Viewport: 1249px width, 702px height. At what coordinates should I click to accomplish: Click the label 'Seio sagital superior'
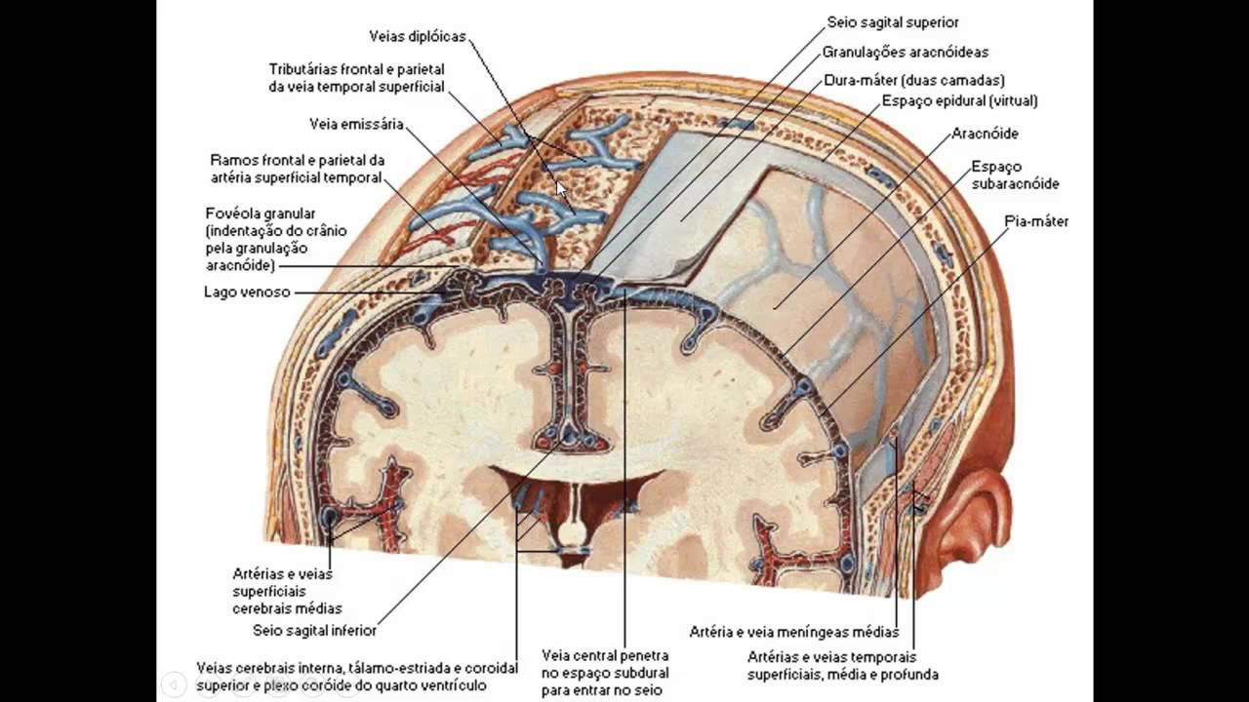pos(892,21)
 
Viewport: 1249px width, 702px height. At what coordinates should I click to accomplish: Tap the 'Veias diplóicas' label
pos(418,37)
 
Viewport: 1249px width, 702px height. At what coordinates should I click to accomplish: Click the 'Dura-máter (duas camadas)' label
pos(914,80)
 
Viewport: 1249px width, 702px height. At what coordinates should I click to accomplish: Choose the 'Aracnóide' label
pos(985,134)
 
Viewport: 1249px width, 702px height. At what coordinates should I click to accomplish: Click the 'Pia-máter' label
pos(1036,221)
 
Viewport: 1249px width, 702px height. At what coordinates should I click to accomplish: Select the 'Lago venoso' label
pos(247,292)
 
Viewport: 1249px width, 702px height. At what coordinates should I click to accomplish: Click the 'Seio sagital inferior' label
pos(314,630)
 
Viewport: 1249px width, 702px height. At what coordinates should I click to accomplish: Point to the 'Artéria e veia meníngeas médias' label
pos(793,633)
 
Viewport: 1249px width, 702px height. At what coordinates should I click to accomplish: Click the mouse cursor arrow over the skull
pos(561,187)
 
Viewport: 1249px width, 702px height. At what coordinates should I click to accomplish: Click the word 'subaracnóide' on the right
pos(1015,183)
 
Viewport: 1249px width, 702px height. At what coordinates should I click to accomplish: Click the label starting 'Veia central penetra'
pos(605,656)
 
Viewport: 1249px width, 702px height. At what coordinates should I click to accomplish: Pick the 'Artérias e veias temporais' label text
pos(831,657)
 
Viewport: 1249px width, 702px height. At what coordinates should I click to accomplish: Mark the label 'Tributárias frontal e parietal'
pos(357,69)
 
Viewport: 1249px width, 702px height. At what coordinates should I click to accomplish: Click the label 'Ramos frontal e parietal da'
pos(298,159)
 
